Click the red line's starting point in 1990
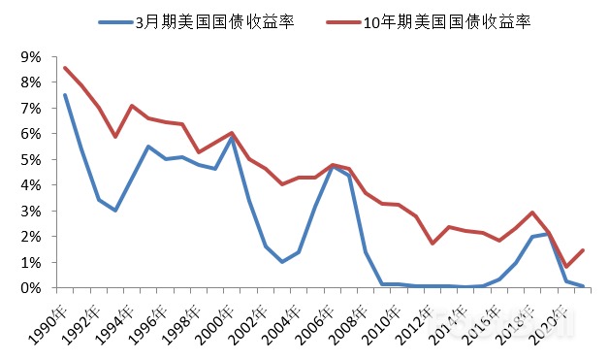65,68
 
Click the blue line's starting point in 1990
65,95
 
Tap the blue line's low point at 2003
282,262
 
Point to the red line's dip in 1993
115,137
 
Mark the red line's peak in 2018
532,213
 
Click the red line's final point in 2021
583,250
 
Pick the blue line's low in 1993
115,210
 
